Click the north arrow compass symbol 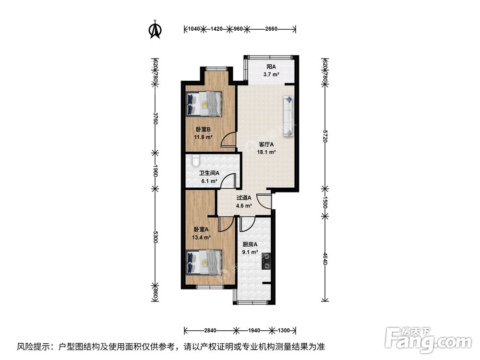pos(155,29)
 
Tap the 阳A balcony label pos(271,67)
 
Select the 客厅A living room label pos(266,144)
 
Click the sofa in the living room pos(289,117)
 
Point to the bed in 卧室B pos(204,103)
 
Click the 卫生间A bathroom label pos(209,173)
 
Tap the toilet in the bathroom pos(194,160)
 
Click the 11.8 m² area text pos(203,137)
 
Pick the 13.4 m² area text pos(202,237)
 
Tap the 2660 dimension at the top pos(271,29)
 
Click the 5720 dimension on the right pos(325,136)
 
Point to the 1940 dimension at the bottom pos(254,331)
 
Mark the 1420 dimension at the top pos(217,29)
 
